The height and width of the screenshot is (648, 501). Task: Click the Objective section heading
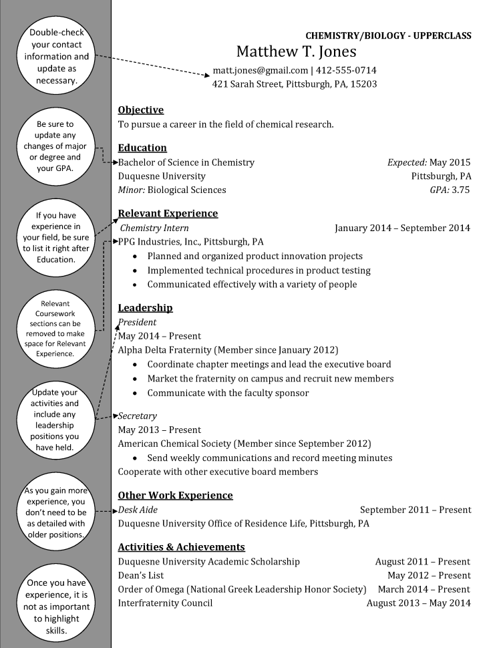pyautogui.click(x=140, y=110)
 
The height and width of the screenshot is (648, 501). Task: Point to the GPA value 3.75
pyautogui.click(x=460, y=190)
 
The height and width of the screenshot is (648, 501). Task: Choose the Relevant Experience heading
pyautogui.click(x=168, y=214)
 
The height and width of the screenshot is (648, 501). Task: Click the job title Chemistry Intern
pyautogui.click(x=154, y=228)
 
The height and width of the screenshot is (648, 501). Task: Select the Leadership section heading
pyautogui.click(x=145, y=308)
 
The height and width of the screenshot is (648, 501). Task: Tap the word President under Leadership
pyautogui.click(x=137, y=322)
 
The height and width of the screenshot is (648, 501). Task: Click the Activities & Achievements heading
pyautogui.click(x=181, y=547)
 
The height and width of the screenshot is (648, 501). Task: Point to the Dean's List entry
pyautogui.click(x=140, y=575)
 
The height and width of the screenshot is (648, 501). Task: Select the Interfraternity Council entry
pyautogui.click(x=165, y=603)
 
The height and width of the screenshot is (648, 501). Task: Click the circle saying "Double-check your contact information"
pyautogui.click(x=56, y=57)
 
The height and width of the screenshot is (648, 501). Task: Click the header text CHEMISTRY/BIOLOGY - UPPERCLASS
pyautogui.click(x=388, y=35)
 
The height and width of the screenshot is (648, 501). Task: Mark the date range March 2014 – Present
pyautogui.click(x=424, y=589)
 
